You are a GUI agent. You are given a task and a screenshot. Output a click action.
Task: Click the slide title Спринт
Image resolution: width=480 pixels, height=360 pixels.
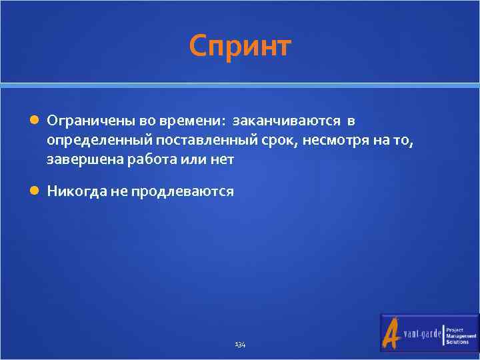click(240, 47)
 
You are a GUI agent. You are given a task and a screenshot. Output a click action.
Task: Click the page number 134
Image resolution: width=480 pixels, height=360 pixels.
click(240, 345)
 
